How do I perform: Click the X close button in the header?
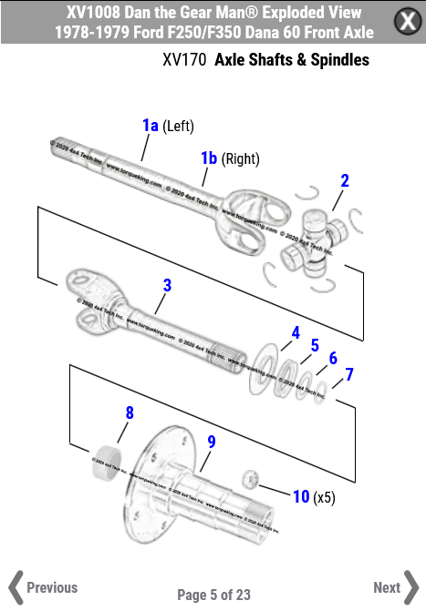click(x=408, y=22)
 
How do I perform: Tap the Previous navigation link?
click(x=43, y=587)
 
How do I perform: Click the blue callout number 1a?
click(x=150, y=125)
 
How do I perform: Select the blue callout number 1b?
click(x=209, y=158)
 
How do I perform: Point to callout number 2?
click(x=344, y=180)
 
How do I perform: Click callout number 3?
click(x=167, y=285)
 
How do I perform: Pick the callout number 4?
click(x=296, y=333)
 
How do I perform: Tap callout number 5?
click(x=315, y=346)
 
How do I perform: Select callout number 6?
click(x=333, y=359)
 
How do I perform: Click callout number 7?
click(x=348, y=374)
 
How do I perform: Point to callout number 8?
click(x=130, y=412)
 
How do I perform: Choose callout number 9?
click(x=212, y=442)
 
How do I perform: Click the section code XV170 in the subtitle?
click(x=182, y=60)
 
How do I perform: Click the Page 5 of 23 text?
click(x=213, y=595)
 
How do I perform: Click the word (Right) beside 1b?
click(x=241, y=159)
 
